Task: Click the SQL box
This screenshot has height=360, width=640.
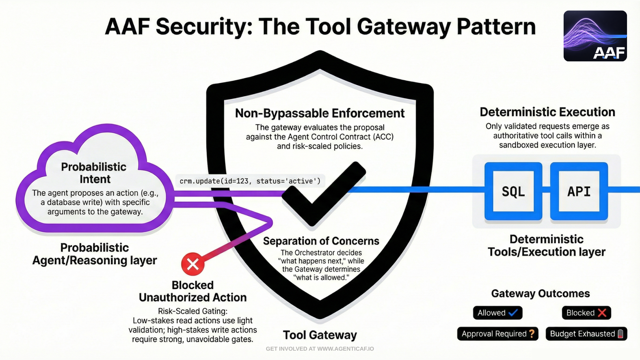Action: point(513,191)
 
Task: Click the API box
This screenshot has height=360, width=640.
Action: point(579,191)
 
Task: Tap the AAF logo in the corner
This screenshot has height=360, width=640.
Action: point(595,36)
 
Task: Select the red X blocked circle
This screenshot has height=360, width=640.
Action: point(193,264)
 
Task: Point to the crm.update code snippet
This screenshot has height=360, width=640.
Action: point(250,181)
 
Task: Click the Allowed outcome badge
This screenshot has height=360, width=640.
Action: point(497,313)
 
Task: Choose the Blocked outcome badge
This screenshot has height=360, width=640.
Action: point(586,313)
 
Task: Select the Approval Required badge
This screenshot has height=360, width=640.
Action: point(498,334)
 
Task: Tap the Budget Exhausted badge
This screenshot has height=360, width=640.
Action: point(586,334)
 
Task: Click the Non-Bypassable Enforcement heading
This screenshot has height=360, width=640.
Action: point(320,113)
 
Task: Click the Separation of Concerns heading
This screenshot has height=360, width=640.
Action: point(321,241)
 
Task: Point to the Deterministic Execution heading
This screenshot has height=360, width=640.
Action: point(547,112)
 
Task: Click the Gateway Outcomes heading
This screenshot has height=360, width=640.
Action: point(540,293)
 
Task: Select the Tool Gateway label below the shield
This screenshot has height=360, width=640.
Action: point(320,335)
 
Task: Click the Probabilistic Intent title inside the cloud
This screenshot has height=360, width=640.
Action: point(94,173)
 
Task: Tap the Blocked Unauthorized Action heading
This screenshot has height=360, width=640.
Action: point(193,291)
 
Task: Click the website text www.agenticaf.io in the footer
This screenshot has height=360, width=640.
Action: point(345,349)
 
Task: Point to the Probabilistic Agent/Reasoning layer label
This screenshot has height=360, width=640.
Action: point(95,254)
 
